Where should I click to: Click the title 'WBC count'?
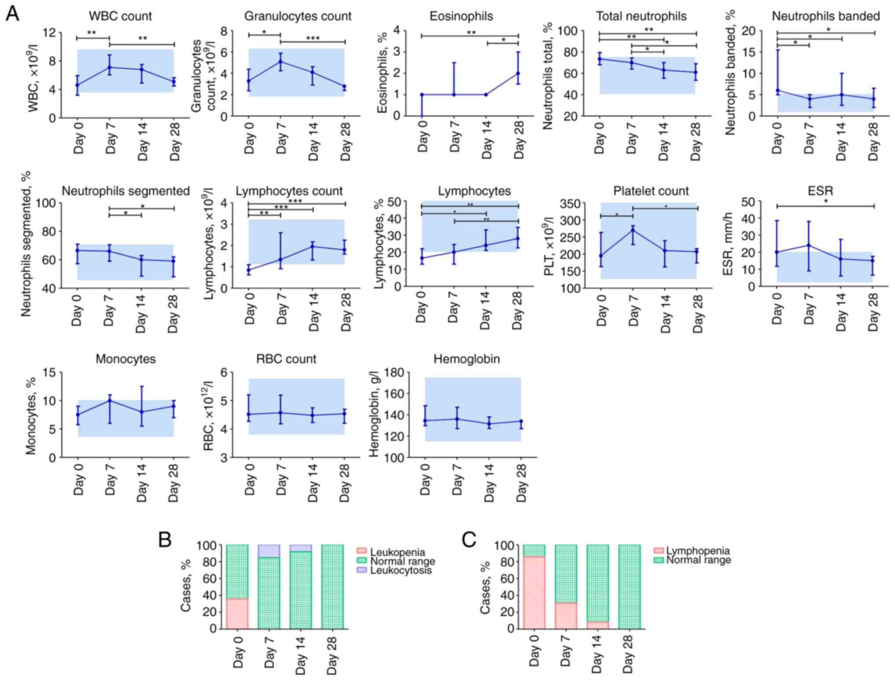[x=120, y=16]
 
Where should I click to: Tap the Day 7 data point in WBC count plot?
[x=109, y=67]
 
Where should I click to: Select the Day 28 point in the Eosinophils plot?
[x=518, y=73]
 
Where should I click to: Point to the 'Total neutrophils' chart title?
[x=641, y=16]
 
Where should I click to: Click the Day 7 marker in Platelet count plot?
[x=633, y=230]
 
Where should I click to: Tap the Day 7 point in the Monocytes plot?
[x=109, y=400]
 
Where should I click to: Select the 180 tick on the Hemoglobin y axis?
[x=395, y=373]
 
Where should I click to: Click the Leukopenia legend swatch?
[x=361, y=551]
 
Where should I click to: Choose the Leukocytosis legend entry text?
[x=401, y=571]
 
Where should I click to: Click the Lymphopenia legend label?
[x=698, y=551]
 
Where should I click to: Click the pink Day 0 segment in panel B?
[x=237, y=613]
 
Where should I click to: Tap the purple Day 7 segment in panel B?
[x=269, y=551]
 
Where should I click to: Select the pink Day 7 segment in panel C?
[x=566, y=615]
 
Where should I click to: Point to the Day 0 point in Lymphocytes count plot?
[x=249, y=270]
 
